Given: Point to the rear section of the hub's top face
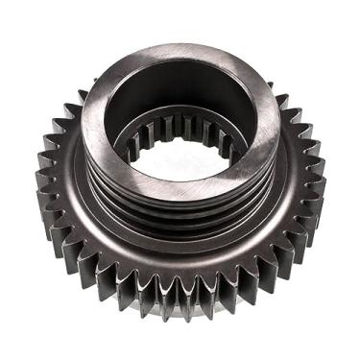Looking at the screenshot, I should point(182,53).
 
